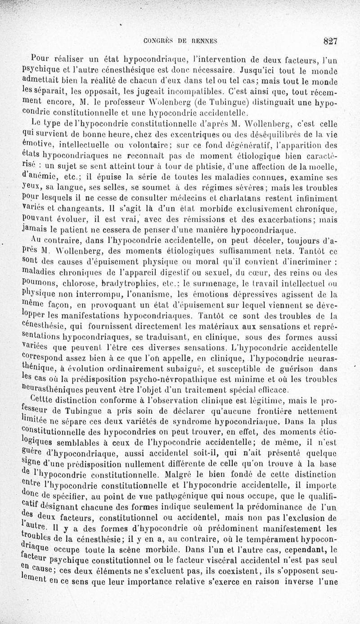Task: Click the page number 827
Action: pyautogui.click(x=330, y=41)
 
